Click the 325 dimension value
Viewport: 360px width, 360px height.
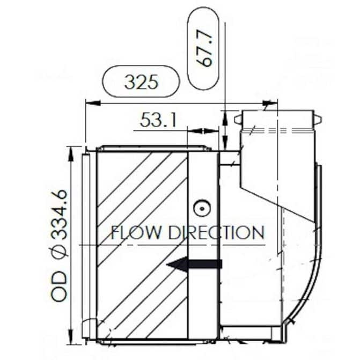click(x=141, y=82)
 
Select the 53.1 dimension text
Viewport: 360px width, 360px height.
click(x=158, y=120)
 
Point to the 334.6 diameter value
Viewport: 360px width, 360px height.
click(x=59, y=215)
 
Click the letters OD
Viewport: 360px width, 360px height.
click(x=59, y=286)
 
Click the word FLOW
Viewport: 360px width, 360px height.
click(x=136, y=232)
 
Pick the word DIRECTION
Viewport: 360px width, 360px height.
click(x=216, y=232)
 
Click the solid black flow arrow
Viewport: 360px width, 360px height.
click(x=194, y=264)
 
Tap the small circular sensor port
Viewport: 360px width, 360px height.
click(x=202, y=209)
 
